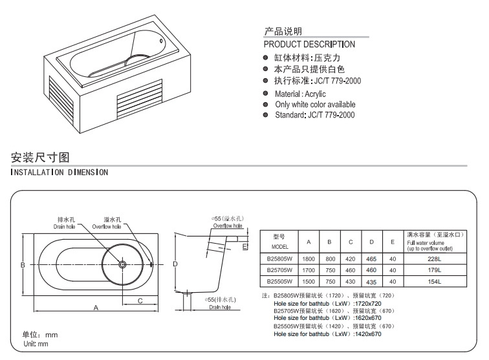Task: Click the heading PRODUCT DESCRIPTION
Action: coord(309,45)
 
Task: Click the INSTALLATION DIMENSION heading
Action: coord(59,173)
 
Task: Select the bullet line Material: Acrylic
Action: coord(300,94)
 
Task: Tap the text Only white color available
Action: coord(315,104)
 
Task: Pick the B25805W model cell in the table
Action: coord(279,259)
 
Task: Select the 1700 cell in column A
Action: coord(309,270)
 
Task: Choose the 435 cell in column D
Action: coord(371,282)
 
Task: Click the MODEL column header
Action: coord(279,247)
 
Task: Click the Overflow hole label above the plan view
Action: coord(107,227)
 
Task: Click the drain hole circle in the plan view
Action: coord(122,264)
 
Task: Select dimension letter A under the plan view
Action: coord(96,308)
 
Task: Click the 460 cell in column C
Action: coord(350,270)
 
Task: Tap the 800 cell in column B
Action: coord(329,259)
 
